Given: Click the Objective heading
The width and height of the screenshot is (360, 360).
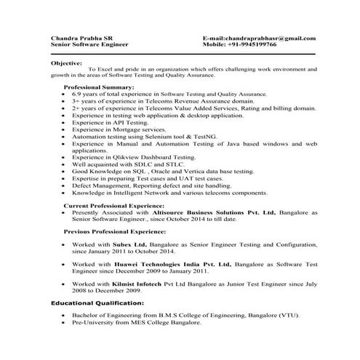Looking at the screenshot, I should click(x=66, y=63).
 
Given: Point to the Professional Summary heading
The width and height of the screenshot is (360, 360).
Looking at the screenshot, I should click(x=95, y=87).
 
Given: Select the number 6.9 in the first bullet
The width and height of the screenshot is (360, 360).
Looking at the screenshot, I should click(x=76, y=95).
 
